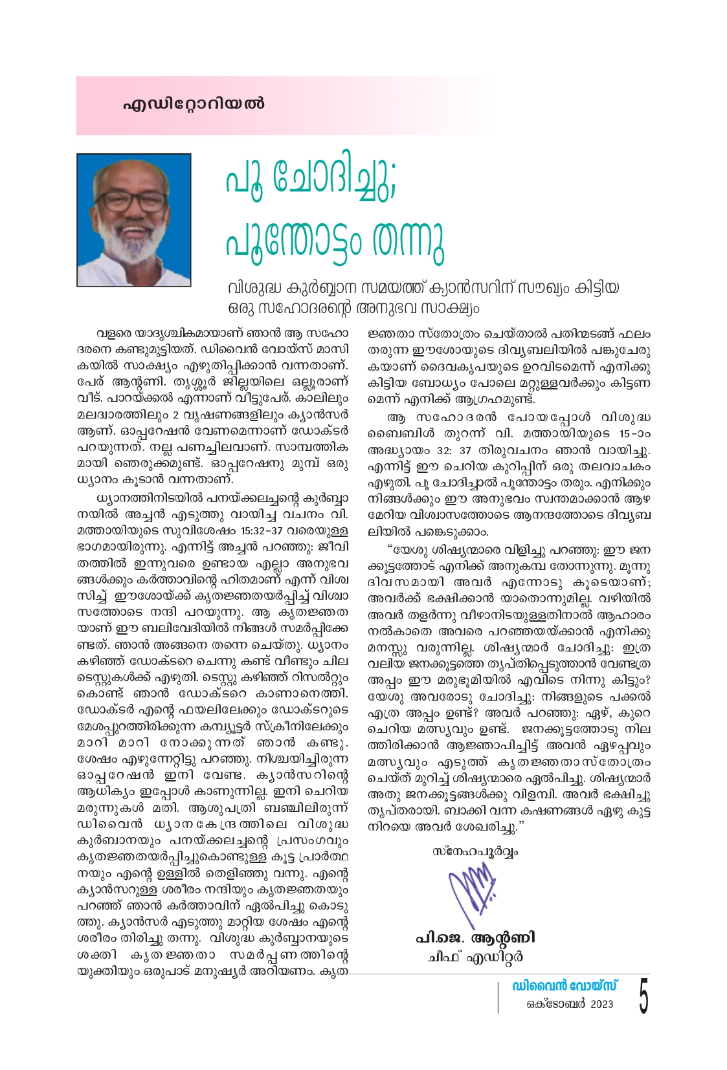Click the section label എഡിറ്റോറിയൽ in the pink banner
tap(194, 104)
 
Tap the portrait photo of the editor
tap(134, 220)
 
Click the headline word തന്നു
tap(407, 243)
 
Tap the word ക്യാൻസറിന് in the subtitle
tap(458, 287)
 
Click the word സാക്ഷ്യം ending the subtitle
tap(452, 308)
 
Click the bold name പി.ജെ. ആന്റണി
tap(475, 938)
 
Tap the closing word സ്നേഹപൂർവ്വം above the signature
tap(475, 851)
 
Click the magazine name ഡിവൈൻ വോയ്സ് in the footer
tap(564, 986)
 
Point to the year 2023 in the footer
tap(601, 1004)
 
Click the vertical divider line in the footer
tap(498, 996)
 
